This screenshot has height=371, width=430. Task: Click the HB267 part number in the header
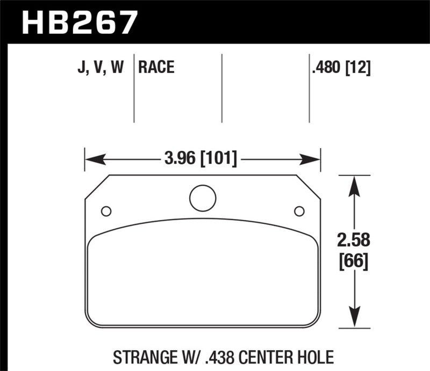point(80,23)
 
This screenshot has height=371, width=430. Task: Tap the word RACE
point(156,67)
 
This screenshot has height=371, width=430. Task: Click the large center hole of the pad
point(203,198)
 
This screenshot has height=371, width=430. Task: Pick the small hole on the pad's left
point(106,210)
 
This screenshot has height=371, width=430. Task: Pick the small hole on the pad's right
point(299,210)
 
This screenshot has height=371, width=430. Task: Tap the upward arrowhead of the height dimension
point(353,185)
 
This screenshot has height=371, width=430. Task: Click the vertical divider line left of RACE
point(133,89)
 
